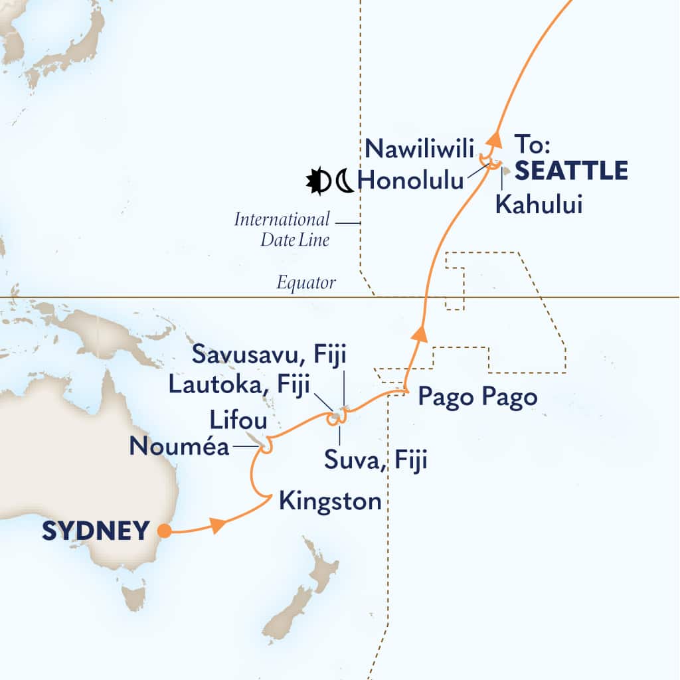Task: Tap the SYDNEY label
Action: (96, 531)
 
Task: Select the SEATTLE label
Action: (572, 171)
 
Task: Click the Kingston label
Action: (330, 501)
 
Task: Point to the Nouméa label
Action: (179, 447)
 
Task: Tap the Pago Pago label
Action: (477, 396)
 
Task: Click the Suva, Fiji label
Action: (374, 459)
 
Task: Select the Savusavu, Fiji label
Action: (270, 354)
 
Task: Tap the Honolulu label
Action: (410, 179)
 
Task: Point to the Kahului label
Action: (539, 206)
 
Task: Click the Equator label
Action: (307, 284)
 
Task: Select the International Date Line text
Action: (282, 229)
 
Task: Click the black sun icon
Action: (318, 181)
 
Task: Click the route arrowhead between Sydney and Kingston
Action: (217, 525)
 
